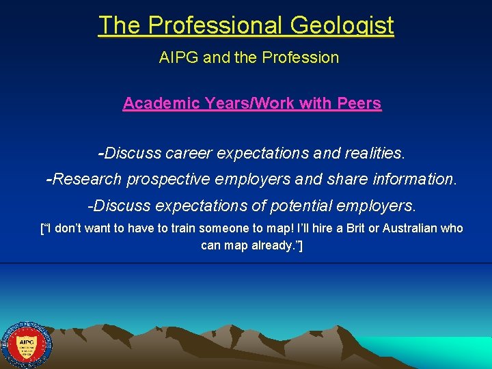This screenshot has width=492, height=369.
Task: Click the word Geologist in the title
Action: (x=342, y=25)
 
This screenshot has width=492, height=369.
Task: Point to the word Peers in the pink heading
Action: (x=359, y=103)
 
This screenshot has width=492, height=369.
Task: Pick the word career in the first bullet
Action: (x=189, y=153)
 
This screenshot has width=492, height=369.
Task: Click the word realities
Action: (x=375, y=153)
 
